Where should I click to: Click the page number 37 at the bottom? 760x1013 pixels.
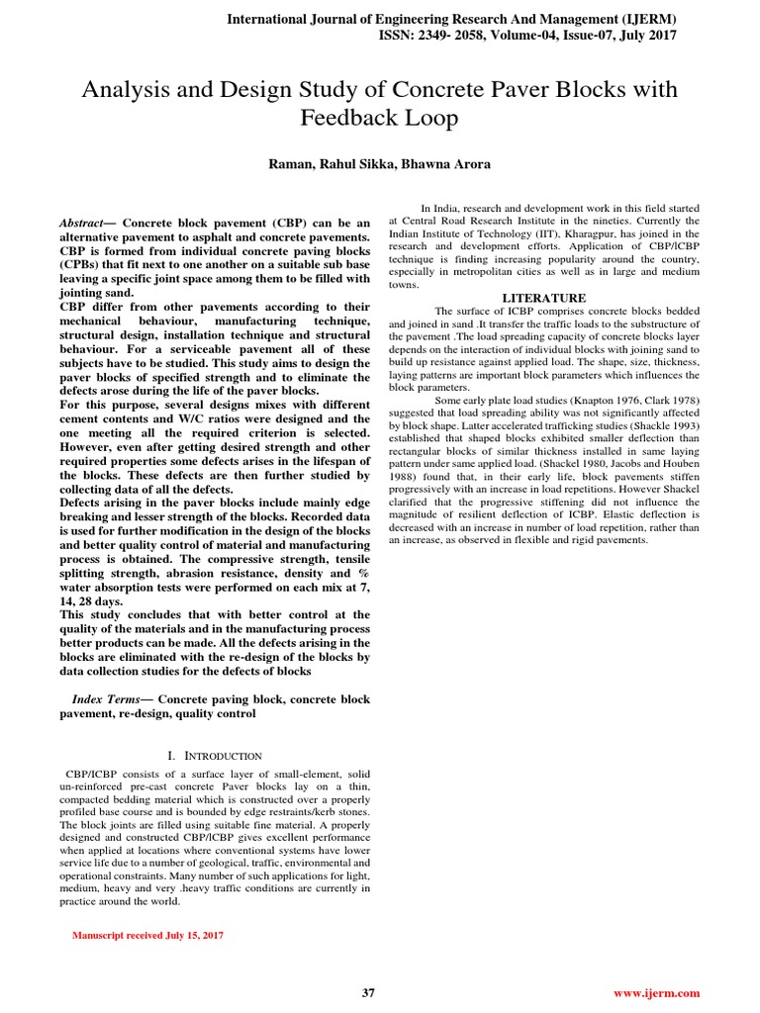(368, 993)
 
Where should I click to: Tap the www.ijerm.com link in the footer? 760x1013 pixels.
(657, 993)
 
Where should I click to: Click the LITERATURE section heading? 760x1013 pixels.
(544, 298)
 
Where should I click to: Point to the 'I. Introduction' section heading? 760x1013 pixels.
(215, 756)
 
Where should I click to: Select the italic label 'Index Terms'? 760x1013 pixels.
(107, 698)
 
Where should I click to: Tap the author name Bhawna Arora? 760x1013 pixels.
(446, 163)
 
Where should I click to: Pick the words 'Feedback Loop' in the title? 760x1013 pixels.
(379, 120)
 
